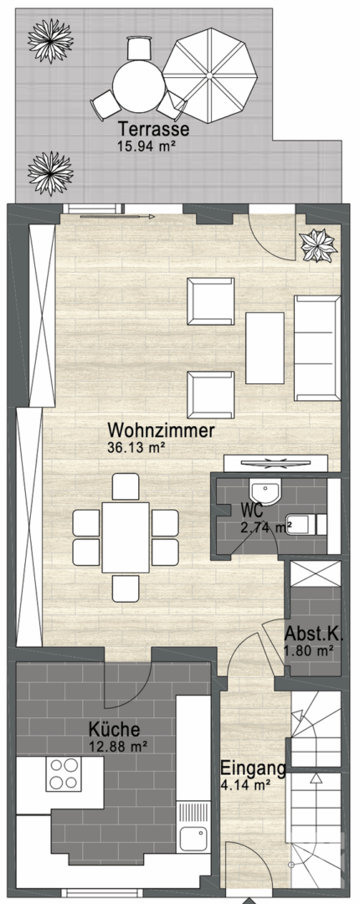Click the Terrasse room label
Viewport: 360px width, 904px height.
[152, 131]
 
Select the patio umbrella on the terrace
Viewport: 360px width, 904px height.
[210, 74]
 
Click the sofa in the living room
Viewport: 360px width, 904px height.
[316, 347]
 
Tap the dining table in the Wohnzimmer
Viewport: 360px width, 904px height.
[126, 537]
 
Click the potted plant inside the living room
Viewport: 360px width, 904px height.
[318, 243]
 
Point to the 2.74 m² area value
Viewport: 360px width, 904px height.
[265, 526]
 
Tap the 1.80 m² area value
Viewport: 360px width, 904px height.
[310, 649]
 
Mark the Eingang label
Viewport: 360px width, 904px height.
[253, 769]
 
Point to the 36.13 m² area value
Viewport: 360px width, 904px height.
[136, 447]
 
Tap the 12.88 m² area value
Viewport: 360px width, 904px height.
[118, 746]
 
